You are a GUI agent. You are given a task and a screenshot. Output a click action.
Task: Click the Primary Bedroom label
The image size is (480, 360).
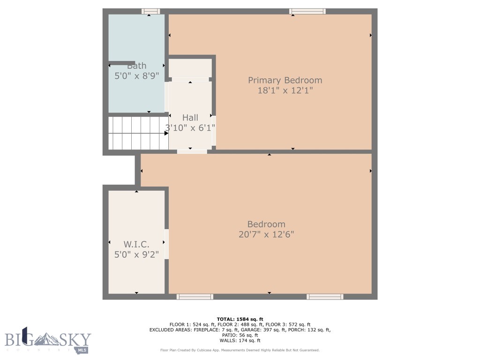(285, 80)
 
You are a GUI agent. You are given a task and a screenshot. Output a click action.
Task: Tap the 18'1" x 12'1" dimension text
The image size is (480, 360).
(285, 90)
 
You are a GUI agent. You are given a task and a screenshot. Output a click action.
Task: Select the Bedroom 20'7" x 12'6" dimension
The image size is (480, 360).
(266, 234)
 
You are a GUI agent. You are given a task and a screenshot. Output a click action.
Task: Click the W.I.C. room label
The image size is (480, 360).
(136, 244)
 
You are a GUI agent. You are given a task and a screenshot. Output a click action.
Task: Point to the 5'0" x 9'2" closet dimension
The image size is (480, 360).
(136, 255)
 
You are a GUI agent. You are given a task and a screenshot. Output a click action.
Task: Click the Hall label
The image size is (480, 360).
(190, 118)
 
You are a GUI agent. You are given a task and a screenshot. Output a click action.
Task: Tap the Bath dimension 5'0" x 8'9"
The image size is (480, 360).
(137, 75)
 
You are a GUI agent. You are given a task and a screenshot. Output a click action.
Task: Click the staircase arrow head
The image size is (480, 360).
(166, 133)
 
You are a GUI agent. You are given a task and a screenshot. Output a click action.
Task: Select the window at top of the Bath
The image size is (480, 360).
(150, 11)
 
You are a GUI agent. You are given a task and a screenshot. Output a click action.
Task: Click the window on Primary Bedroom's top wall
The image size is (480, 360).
(307, 11)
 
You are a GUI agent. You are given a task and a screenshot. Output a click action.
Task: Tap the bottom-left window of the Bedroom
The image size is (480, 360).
(195, 297)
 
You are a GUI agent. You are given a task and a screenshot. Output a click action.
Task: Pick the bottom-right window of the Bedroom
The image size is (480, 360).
(325, 297)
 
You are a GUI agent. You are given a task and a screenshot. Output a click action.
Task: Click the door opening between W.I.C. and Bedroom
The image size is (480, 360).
(166, 244)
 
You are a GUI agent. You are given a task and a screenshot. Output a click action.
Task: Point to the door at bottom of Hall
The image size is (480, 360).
(192, 151)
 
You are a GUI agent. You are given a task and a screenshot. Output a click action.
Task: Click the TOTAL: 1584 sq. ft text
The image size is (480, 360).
(240, 319)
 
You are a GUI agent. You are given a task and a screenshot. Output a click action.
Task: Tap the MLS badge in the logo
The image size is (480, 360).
(82, 349)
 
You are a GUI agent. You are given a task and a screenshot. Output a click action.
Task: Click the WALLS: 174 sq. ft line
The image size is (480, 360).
(240, 341)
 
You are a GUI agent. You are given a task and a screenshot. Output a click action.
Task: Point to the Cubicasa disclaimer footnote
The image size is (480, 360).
(240, 350)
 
